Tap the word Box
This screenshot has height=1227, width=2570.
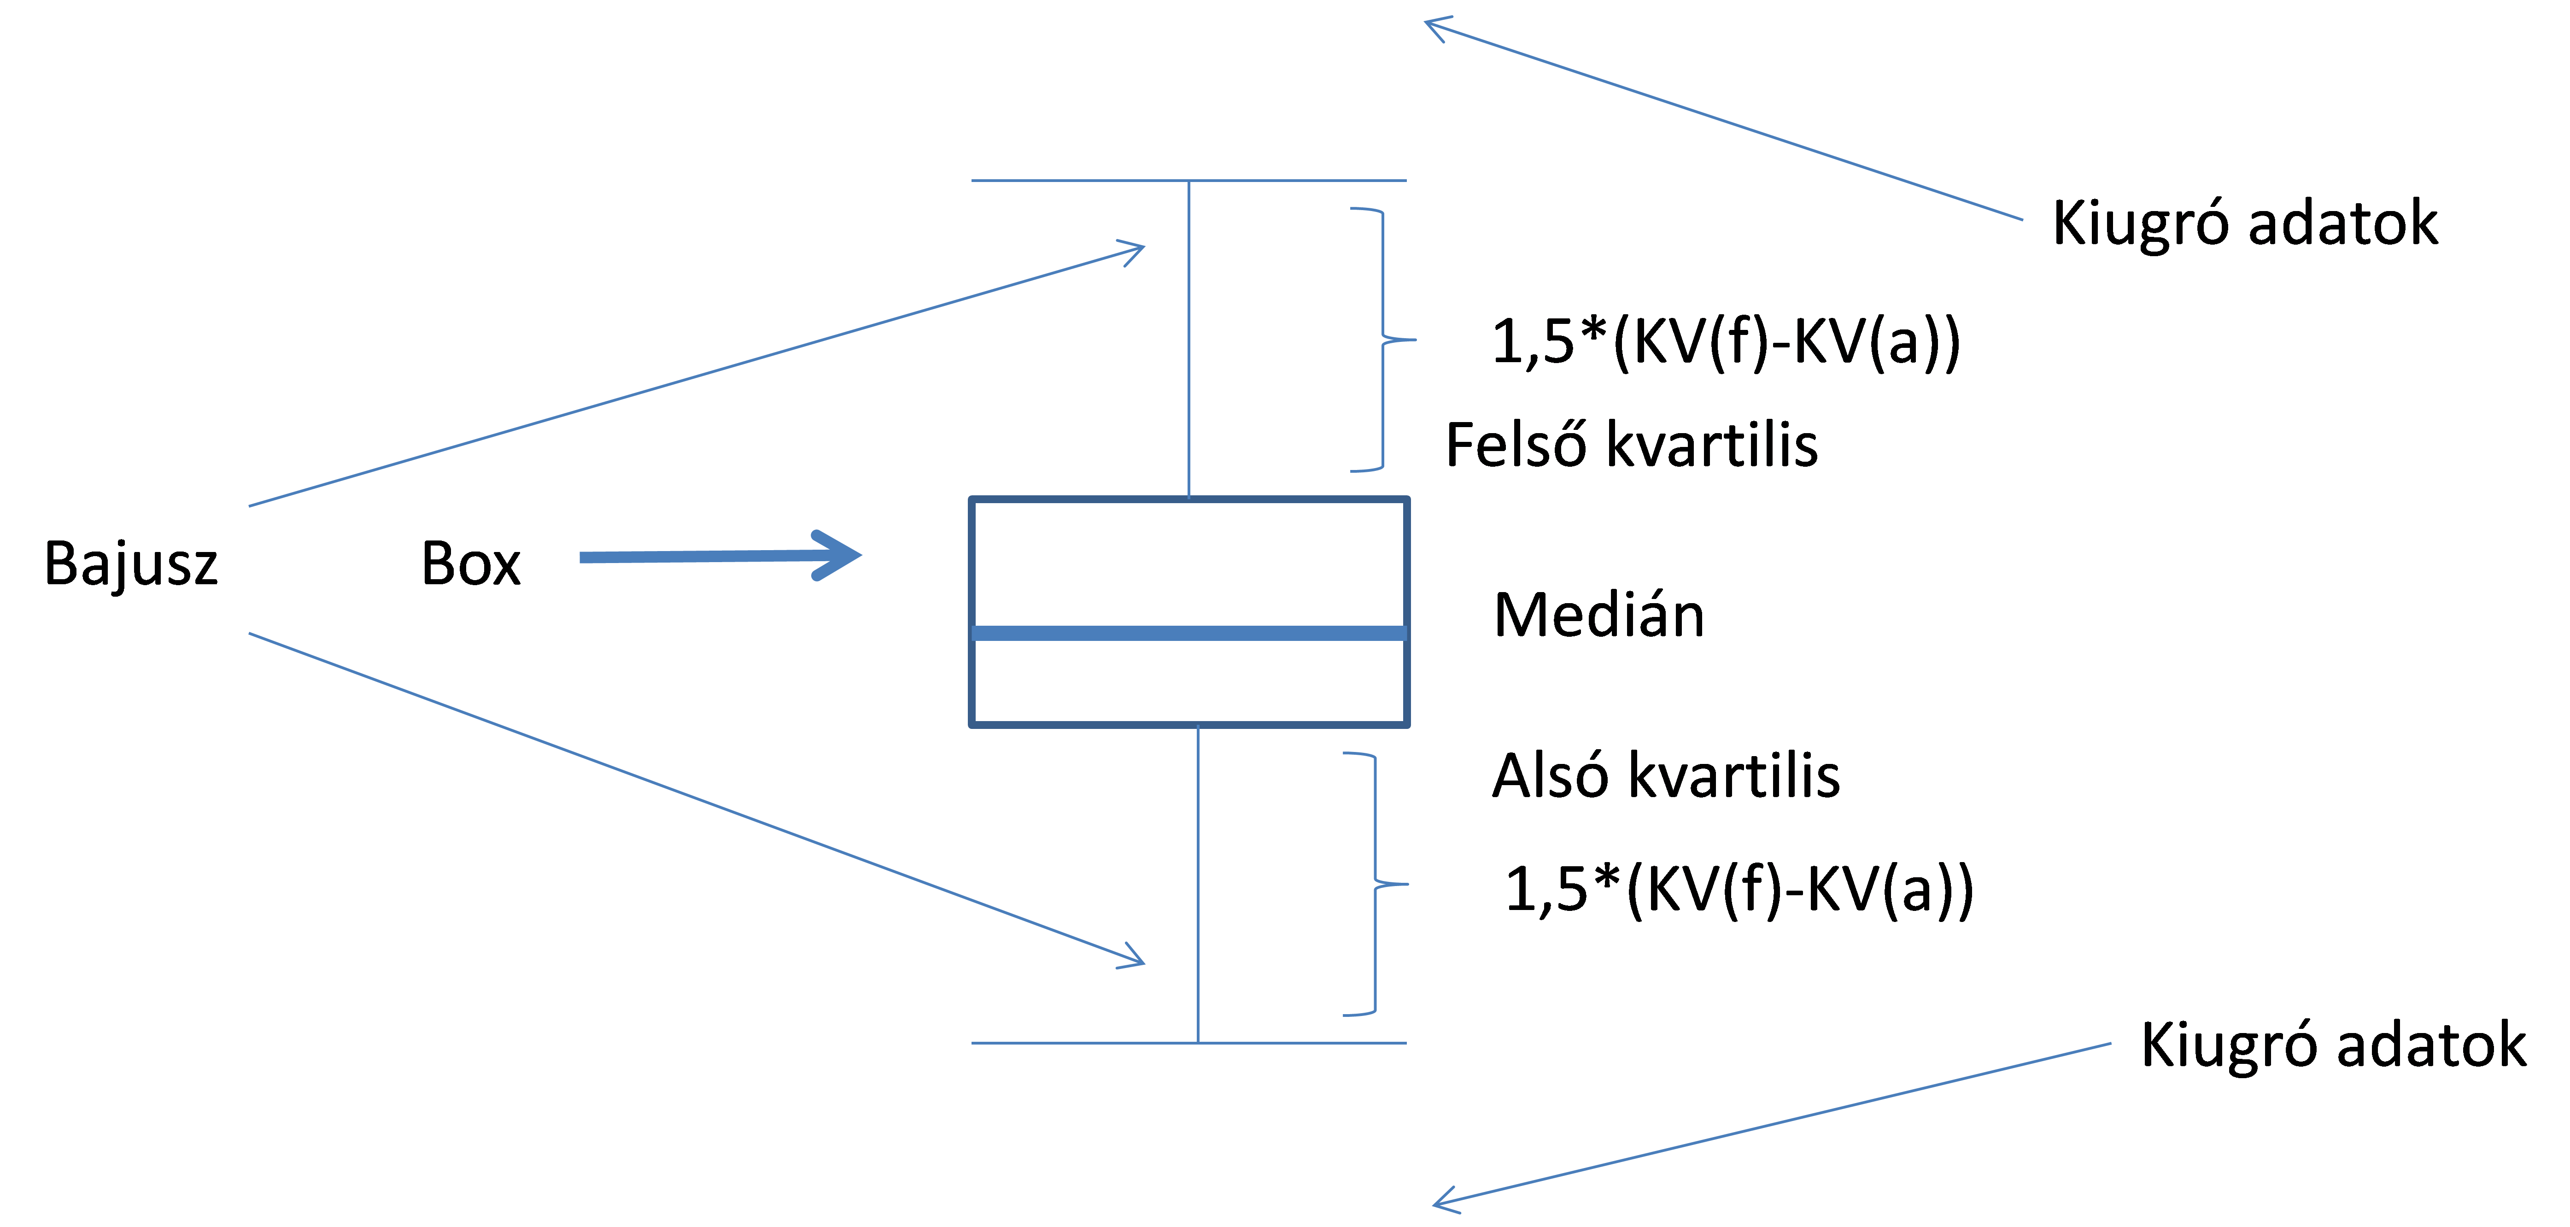(471, 564)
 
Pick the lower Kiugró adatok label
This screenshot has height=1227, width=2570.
(2334, 1045)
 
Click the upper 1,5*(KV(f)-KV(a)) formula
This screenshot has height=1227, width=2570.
(1726, 343)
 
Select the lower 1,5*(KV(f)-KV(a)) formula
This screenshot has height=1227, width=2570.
(1739, 891)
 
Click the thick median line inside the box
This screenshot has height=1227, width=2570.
(1189, 633)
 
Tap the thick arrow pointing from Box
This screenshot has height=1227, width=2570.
(720, 556)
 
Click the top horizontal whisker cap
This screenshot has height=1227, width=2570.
(1189, 181)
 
